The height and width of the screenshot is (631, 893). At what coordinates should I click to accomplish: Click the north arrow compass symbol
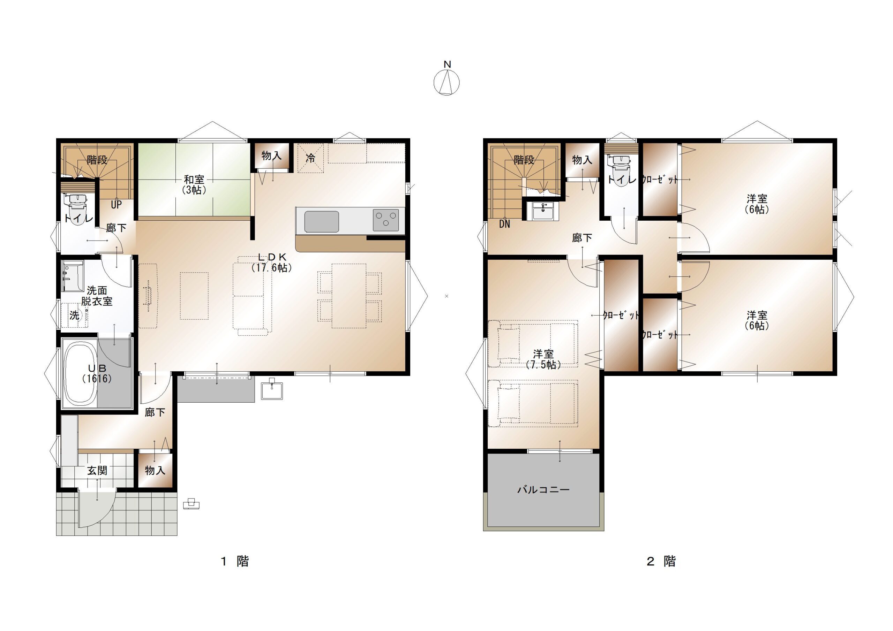pyautogui.click(x=446, y=82)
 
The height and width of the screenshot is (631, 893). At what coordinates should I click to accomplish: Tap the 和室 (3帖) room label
pyautogui.click(x=194, y=185)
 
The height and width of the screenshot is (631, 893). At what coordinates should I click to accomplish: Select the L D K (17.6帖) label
pyautogui.click(x=272, y=263)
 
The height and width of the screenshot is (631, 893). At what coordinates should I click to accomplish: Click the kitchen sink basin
pyautogui.click(x=321, y=222)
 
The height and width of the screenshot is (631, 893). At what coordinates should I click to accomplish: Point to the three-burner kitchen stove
pyautogui.click(x=386, y=220)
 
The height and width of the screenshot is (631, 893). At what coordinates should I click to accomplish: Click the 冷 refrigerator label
pyautogui.click(x=310, y=158)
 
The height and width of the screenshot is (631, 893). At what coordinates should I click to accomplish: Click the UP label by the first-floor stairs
pyautogui.click(x=116, y=205)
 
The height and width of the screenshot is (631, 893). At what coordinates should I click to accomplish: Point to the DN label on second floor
pyautogui.click(x=504, y=224)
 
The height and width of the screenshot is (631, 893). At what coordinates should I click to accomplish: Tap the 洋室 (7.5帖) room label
pyautogui.click(x=543, y=359)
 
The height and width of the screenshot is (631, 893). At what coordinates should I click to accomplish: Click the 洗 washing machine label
pyautogui.click(x=74, y=315)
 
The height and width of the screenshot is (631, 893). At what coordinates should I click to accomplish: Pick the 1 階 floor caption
pyautogui.click(x=234, y=561)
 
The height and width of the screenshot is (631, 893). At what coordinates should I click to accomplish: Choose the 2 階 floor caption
pyautogui.click(x=661, y=561)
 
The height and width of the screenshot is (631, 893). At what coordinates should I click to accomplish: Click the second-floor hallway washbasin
pyautogui.click(x=543, y=212)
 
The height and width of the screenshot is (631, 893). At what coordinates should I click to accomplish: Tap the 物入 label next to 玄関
pyautogui.click(x=155, y=470)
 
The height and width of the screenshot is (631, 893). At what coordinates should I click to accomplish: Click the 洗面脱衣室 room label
pyautogui.click(x=97, y=296)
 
